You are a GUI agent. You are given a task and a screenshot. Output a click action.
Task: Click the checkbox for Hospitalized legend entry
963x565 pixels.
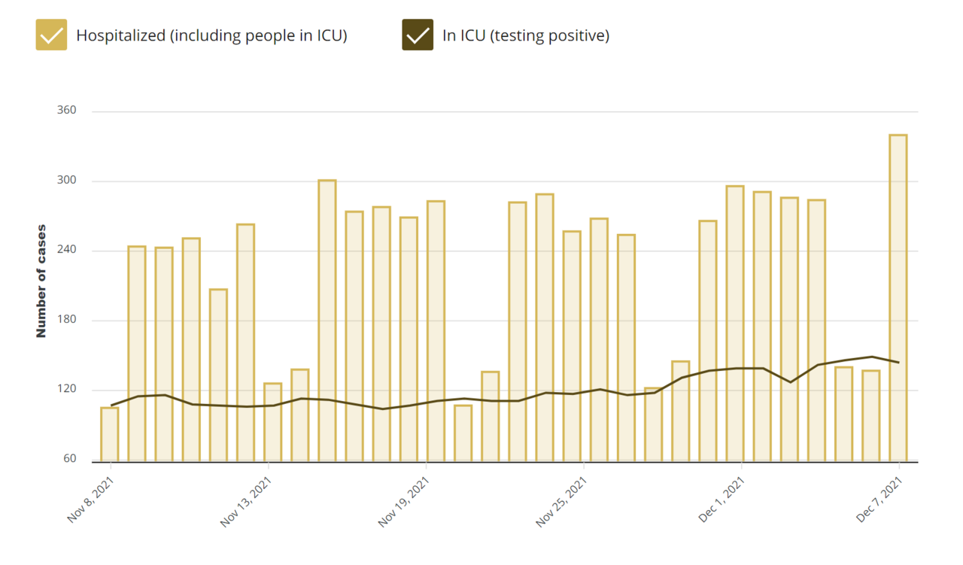pos(51,35)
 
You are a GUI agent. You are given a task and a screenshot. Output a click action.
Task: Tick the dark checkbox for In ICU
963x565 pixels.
pos(418,35)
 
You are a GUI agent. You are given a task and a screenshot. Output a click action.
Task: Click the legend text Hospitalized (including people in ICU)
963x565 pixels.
pos(211,35)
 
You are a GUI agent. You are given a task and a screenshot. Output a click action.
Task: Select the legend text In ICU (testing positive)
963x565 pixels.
pos(525,35)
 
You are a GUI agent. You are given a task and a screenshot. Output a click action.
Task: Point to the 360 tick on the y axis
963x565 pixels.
pos(67,111)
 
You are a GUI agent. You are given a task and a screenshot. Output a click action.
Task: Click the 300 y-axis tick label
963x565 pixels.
pos(67,181)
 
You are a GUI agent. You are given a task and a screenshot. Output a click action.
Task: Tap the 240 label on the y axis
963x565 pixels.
pos(67,251)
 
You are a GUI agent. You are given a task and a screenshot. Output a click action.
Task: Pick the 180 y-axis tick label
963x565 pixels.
pos(67,320)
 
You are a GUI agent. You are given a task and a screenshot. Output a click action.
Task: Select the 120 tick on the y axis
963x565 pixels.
pos(67,390)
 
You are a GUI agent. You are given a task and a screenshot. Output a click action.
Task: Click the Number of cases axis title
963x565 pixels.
pos(41,281)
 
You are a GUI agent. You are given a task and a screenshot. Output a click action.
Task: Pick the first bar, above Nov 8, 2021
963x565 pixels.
pos(110,434)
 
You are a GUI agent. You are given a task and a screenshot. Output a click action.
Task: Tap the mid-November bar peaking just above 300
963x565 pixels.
pos(327,320)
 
